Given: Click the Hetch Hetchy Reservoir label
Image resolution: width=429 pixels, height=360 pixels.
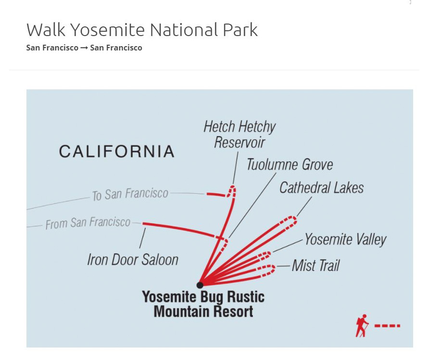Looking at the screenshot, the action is tap(240, 135).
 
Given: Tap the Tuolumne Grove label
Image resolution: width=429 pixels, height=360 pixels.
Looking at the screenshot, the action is tap(290, 164).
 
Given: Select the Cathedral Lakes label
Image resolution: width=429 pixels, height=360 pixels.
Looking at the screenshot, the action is tap(321, 187).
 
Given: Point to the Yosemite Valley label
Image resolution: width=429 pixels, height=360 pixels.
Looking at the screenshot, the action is tap(345, 239).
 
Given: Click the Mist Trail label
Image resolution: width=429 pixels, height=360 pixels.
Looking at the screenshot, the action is tap(315, 265).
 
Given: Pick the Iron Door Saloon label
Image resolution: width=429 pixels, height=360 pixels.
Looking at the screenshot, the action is tap(133, 260).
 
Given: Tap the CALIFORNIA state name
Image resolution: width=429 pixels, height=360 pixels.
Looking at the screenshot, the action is tap(116, 151).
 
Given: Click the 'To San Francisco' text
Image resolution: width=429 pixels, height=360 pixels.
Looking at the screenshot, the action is tap(130, 194).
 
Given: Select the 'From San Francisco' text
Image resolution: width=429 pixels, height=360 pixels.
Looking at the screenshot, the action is tap(88, 223).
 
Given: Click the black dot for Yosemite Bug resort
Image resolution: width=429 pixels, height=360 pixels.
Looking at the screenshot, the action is tap(200, 285).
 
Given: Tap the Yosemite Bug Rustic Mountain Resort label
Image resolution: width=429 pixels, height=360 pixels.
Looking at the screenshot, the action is tap(203, 304).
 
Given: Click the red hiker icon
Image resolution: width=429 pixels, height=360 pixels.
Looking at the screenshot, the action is tap(362, 325).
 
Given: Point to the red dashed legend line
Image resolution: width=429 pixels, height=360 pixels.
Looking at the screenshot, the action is tap(387, 325).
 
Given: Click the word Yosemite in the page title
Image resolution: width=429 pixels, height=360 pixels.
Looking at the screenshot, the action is tap(108, 29).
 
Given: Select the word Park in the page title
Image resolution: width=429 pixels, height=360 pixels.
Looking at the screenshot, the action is tap(240, 29).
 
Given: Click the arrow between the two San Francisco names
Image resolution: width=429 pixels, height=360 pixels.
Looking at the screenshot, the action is tap(84, 48).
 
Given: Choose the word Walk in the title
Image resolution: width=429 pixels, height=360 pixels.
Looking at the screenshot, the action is tap(46, 29).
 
